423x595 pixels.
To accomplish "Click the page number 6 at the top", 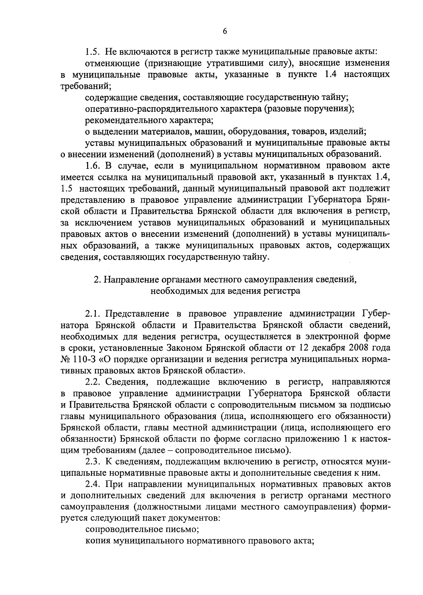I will tap(225, 31).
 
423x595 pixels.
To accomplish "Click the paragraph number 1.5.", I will tap(93, 52).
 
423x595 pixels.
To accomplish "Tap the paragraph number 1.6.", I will tap(93, 165).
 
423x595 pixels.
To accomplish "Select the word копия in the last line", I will tap(97, 541).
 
